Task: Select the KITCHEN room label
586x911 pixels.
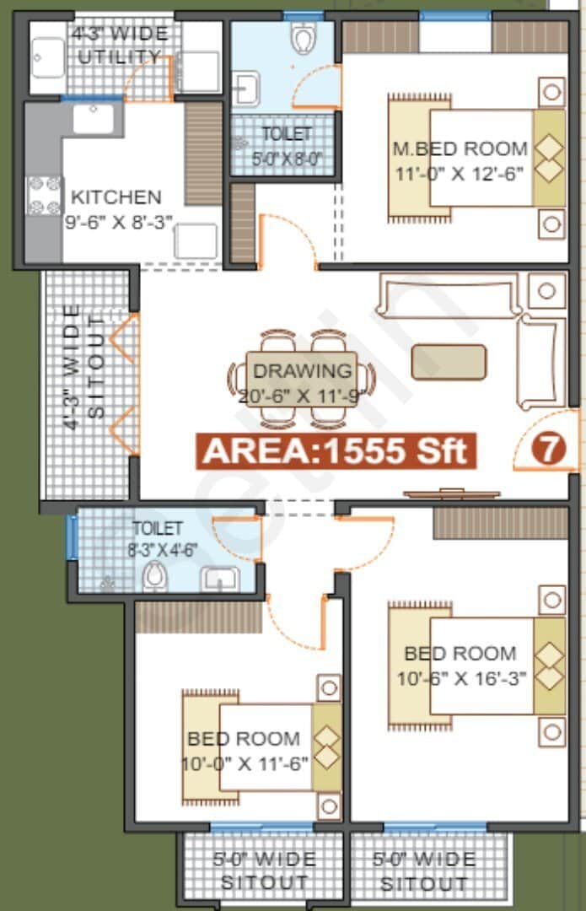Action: [116, 197]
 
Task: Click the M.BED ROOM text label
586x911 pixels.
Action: [460, 148]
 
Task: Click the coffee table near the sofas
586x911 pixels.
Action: [449, 362]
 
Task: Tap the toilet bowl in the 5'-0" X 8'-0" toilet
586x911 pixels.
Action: [302, 36]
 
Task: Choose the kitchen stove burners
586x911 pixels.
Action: [44, 195]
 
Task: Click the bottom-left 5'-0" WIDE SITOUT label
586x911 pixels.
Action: [264, 871]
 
